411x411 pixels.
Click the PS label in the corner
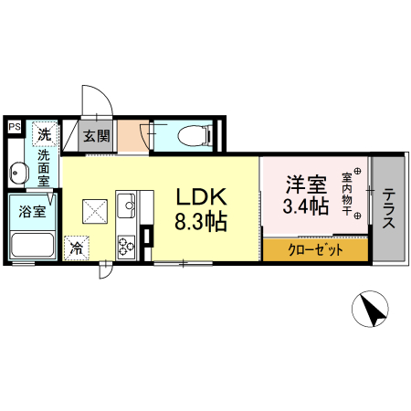click(15, 127)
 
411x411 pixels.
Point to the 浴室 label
click(35, 213)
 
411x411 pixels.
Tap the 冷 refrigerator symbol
click(78, 248)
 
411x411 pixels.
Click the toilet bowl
click(195, 136)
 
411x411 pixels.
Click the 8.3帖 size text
click(201, 222)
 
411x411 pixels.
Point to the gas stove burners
click(127, 243)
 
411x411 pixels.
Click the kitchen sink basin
click(127, 203)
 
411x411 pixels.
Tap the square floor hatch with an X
click(96, 212)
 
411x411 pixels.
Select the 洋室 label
click(304, 184)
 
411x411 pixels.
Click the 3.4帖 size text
click(304, 206)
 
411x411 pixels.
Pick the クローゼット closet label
click(316, 249)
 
